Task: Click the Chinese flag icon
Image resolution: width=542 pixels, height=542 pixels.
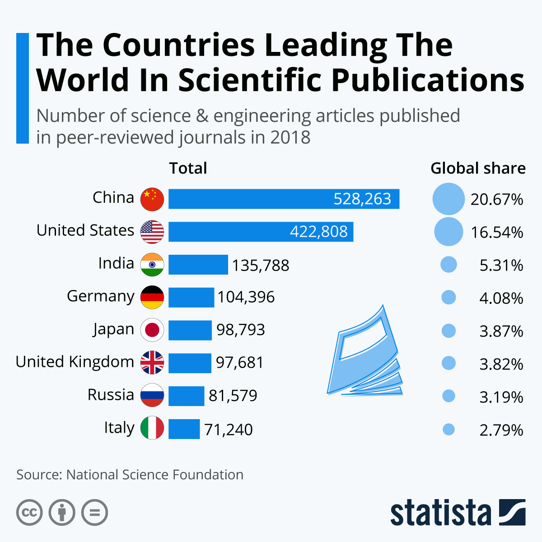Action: [152, 199]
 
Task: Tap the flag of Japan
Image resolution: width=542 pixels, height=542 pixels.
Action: [152, 330]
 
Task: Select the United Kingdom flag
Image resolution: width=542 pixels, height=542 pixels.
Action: [152, 363]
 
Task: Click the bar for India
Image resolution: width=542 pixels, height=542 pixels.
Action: [198, 265]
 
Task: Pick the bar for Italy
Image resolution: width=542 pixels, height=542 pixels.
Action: [184, 429]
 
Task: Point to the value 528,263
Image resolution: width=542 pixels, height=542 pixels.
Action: [362, 199]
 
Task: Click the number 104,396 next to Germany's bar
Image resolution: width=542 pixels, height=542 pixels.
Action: [246, 297]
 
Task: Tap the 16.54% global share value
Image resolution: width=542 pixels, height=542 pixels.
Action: [497, 232]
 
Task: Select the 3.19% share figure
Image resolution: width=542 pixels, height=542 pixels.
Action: [501, 397]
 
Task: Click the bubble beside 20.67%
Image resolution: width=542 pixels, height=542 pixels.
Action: [449, 199]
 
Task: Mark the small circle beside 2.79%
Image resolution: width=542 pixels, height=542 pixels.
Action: [449, 429]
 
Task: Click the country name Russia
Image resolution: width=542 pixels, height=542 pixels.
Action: [111, 395]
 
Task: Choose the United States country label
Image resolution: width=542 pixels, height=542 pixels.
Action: [85, 230]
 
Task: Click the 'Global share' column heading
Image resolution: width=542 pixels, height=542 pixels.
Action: [478, 168]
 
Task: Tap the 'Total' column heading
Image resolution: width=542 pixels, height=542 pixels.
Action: [188, 168]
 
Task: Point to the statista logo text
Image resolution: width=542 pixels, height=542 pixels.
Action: [440, 513]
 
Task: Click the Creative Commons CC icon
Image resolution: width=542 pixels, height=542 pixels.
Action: [29, 513]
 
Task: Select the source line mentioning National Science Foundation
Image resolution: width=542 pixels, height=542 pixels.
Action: [130, 475]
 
